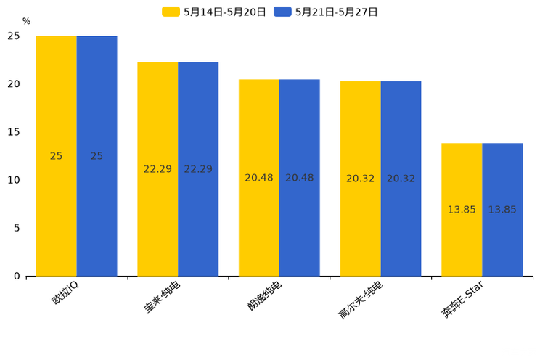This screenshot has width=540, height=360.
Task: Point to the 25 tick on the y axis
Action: point(14,36)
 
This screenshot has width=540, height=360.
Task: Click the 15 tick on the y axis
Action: point(14,132)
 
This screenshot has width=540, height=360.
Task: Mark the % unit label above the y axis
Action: point(26,22)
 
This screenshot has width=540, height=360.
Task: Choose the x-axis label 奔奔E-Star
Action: point(462,302)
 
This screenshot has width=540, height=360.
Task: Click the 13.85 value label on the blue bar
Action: point(502,210)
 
